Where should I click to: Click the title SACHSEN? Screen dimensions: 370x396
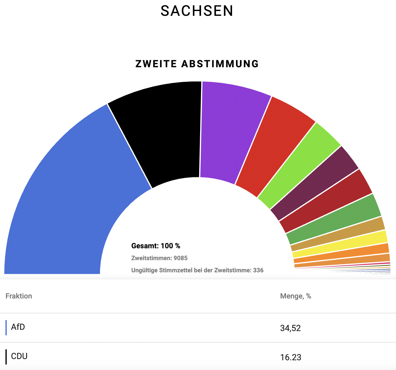(197, 11)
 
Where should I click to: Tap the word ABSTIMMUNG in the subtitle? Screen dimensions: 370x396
(220, 64)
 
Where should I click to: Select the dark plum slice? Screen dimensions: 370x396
(316, 186)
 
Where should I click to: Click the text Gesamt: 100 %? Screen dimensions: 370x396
(156, 246)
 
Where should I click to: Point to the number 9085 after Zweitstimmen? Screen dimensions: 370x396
(180, 258)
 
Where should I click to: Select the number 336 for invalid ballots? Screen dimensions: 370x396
(258, 270)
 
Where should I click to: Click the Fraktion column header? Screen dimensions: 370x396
(19, 296)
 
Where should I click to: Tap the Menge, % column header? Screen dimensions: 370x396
(295, 296)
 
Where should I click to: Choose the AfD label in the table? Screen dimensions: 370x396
(18, 327)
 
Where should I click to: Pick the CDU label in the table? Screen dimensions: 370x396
(19, 356)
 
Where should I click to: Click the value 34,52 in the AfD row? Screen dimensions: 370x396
(290, 328)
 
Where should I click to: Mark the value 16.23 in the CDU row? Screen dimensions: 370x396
(290, 357)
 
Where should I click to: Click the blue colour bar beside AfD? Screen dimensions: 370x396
(6, 328)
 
